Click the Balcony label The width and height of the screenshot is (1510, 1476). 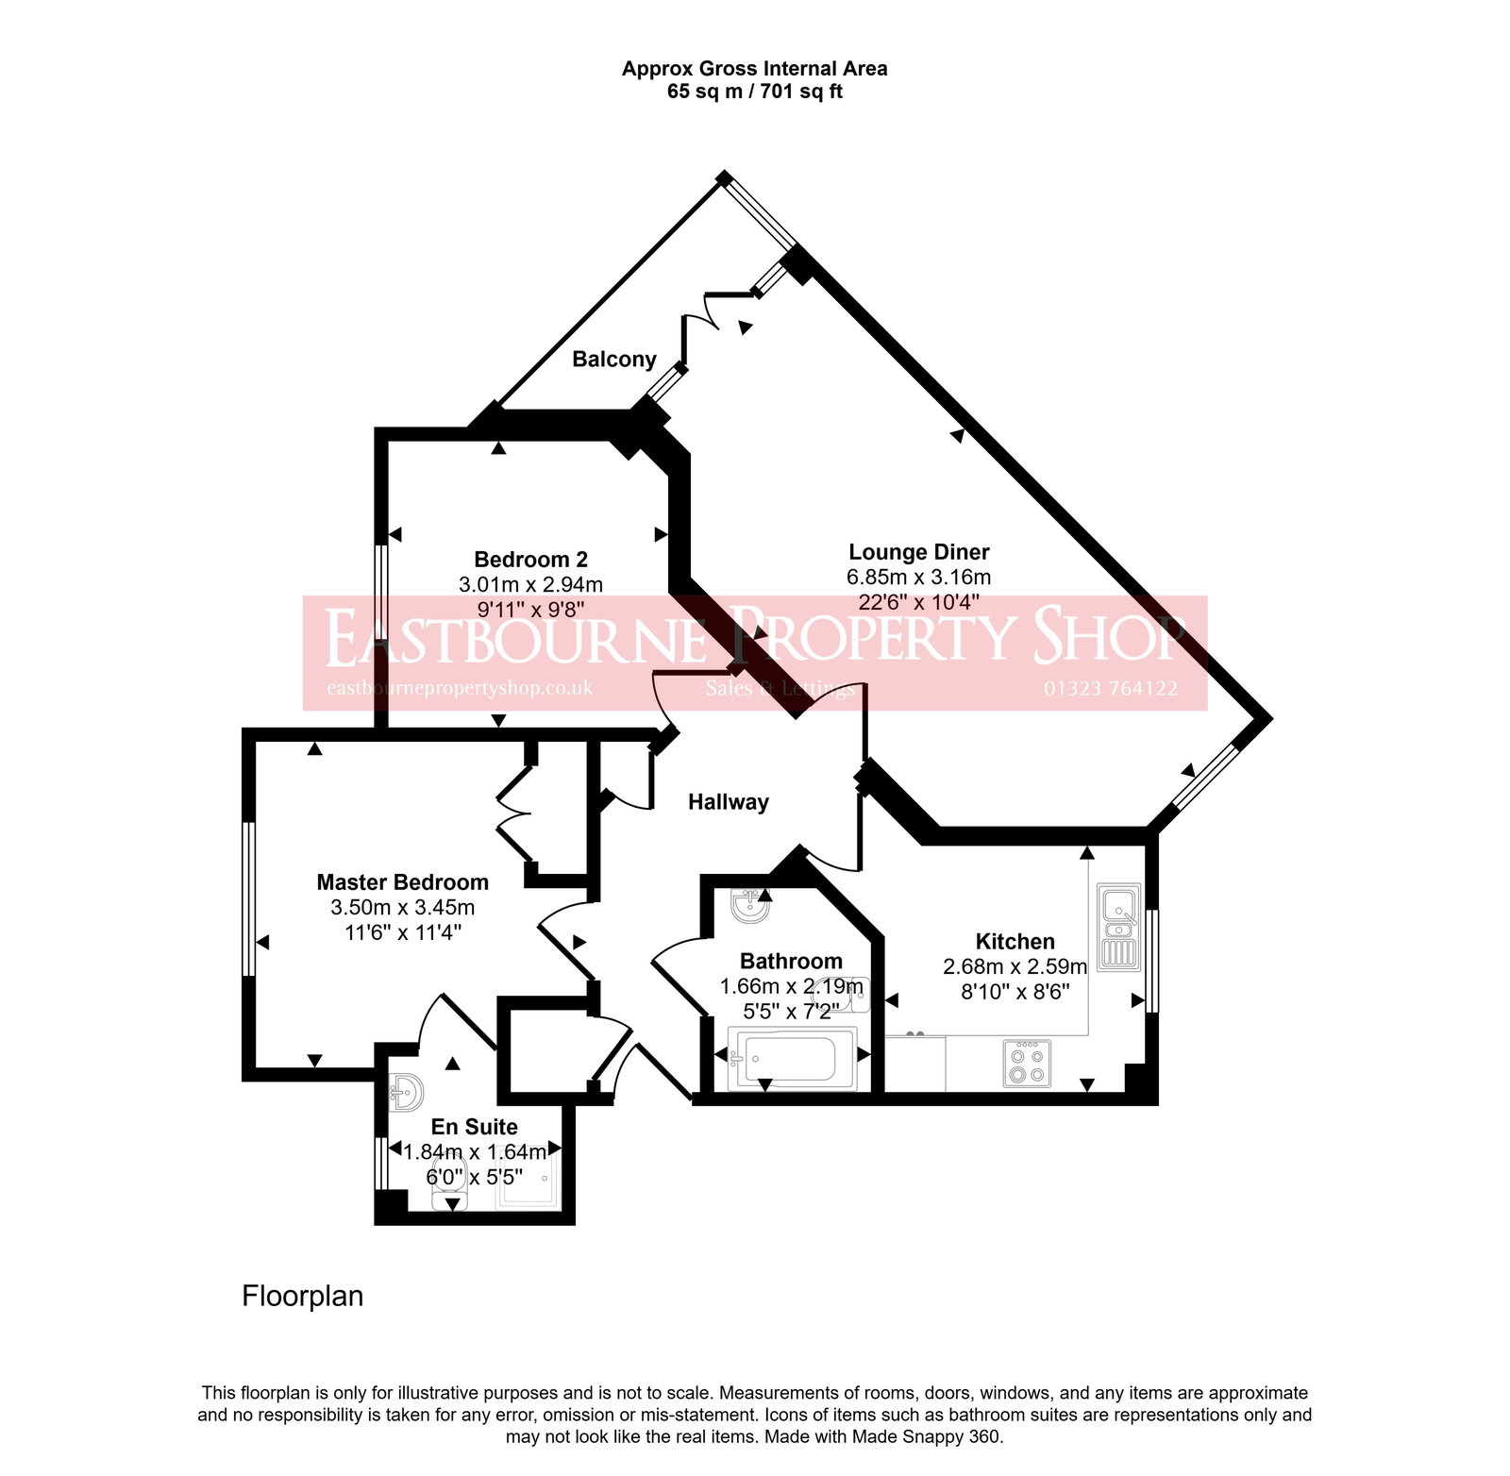pyautogui.click(x=614, y=360)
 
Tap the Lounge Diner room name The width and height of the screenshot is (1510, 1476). pyautogui.click(x=918, y=552)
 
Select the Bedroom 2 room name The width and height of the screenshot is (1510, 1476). pyautogui.click(x=530, y=560)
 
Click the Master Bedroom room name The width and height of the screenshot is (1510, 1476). pyautogui.click(x=402, y=882)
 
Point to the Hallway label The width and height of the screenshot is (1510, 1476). pyautogui.click(x=728, y=802)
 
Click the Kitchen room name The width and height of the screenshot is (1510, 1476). pyautogui.click(x=1015, y=942)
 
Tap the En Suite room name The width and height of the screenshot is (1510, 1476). pyautogui.click(x=474, y=1127)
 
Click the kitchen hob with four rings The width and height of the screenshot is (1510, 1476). pyautogui.click(x=1026, y=1064)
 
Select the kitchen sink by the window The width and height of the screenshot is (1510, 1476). pyautogui.click(x=1118, y=925)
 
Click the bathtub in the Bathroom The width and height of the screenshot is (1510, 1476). pyautogui.click(x=791, y=1059)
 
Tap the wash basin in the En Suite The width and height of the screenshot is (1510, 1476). pyautogui.click(x=407, y=1093)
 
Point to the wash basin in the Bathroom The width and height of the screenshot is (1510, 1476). pyautogui.click(x=751, y=907)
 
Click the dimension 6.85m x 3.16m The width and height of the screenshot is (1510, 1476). pyautogui.click(x=918, y=577)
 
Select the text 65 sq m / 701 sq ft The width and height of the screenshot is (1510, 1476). pyautogui.click(x=754, y=92)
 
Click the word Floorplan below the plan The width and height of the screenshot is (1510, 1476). pyautogui.click(x=302, y=1296)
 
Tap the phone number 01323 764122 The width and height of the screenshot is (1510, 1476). pyautogui.click(x=1110, y=689)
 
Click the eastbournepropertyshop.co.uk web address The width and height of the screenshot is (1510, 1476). pyautogui.click(x=460, y=688)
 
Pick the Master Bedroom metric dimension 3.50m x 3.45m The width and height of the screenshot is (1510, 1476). pyautogui.click(x=402, y=908)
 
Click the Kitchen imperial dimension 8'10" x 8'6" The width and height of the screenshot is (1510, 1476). pyautogui.click(x=1015, y=992)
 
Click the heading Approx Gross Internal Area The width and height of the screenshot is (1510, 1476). pyautogui.click(x=754, y=69)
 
